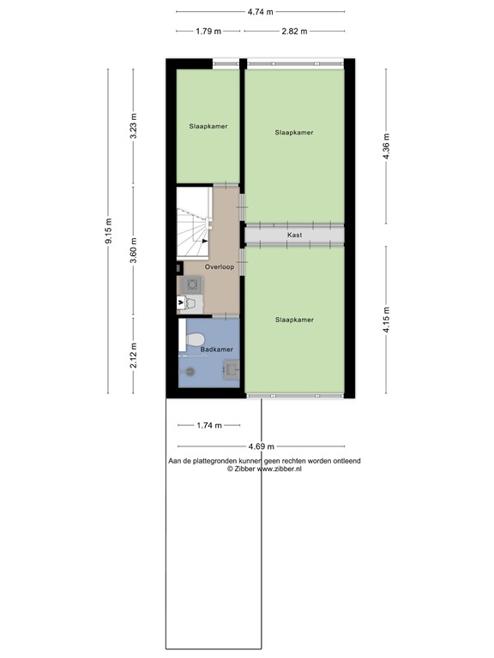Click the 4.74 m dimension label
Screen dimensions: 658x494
(260, 12)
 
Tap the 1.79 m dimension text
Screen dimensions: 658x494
(208, 31)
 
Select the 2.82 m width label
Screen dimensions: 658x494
(294, 31)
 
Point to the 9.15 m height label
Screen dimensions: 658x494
(108, 231)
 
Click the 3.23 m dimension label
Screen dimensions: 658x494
(133, 125)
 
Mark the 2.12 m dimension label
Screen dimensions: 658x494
(133, 354)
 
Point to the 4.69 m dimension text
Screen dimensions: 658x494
(262, 446)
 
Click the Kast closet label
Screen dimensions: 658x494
(294, 234)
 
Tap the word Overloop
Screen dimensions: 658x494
(208, 267)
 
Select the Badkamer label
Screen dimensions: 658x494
(217, 350)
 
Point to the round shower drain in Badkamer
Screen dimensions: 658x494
(190, 371)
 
